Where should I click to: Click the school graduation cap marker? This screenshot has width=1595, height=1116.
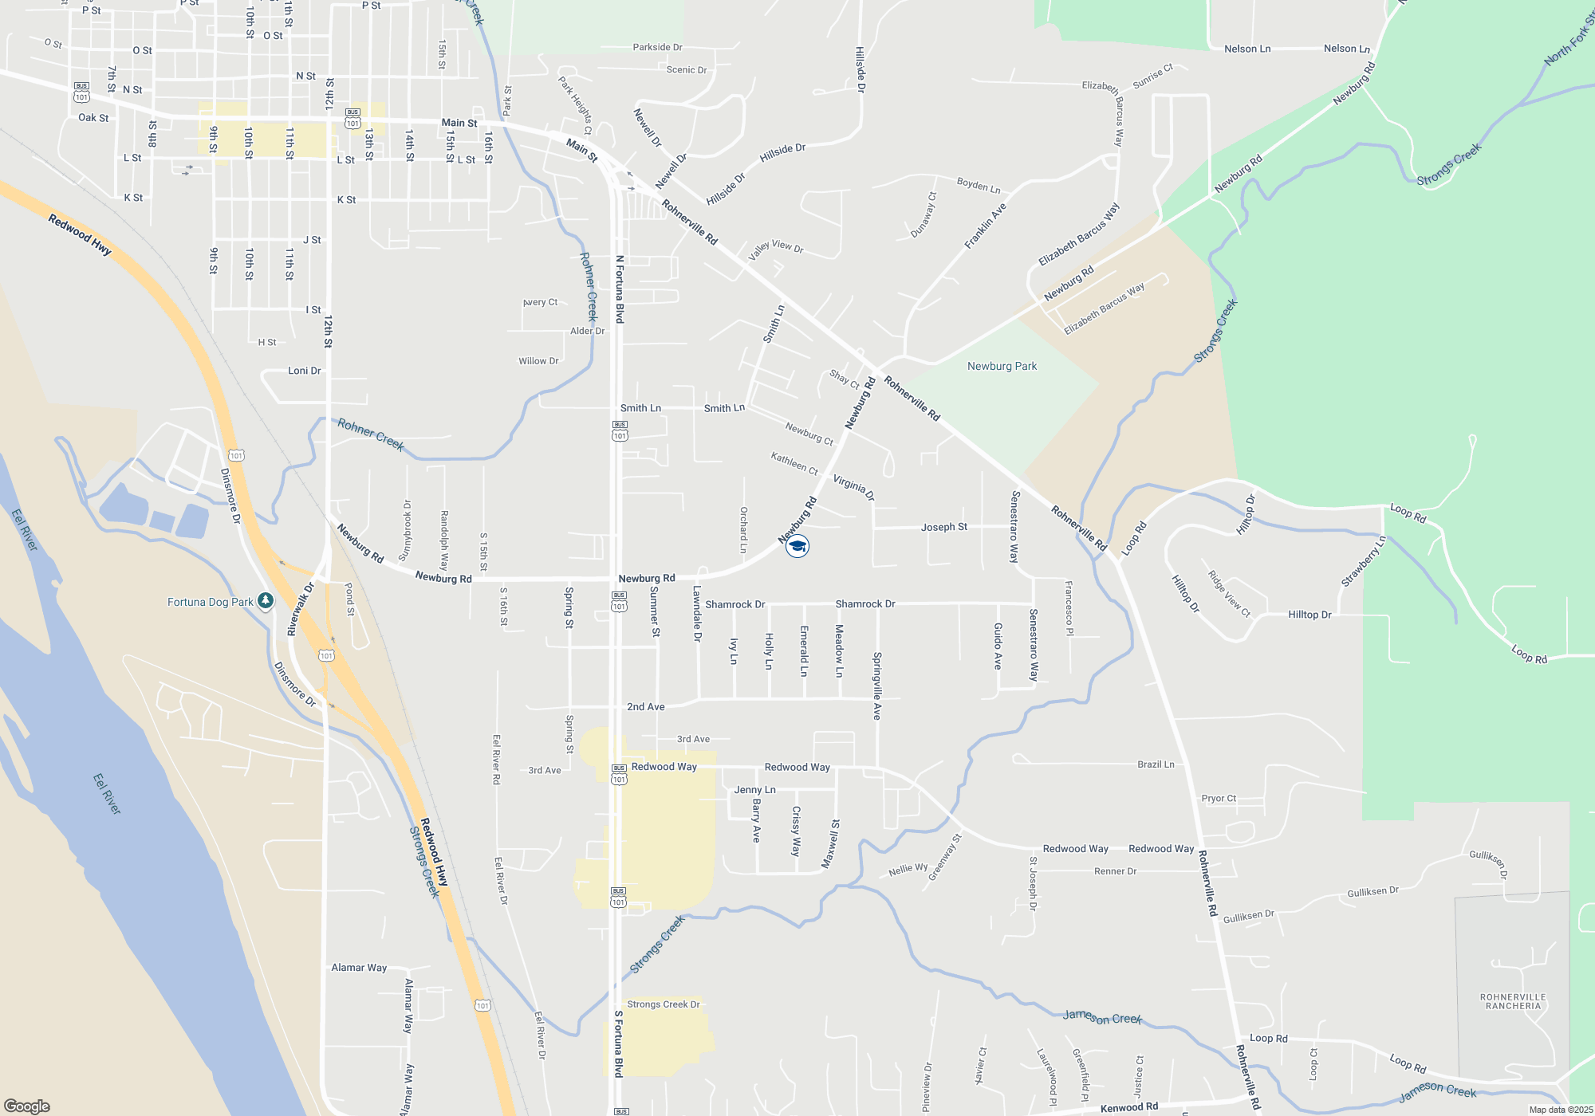tap(797, 546)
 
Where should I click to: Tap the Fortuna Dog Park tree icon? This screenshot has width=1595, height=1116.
tap(266, 601)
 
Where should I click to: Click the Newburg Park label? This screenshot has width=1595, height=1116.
tap(1002, 367)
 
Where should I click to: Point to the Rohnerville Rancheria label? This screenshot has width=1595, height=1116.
tap(1513, 1001)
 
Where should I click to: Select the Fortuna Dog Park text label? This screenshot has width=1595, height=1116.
tap(211, 602)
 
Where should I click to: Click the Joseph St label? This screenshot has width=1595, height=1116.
tap(944, 527)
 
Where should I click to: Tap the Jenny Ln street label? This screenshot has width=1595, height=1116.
tap(754, 790)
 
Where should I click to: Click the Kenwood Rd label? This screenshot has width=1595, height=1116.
tap(1128, 1107)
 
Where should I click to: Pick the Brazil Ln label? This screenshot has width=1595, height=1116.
tap(1156, 764)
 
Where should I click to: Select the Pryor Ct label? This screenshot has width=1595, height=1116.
tap(1219, 798)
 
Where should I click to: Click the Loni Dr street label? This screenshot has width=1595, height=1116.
tap(304, 371)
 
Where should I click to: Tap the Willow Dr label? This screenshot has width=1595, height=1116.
tap(538, 361)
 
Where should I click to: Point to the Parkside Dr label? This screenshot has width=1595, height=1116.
tap(657, 48)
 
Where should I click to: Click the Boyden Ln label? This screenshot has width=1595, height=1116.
tap(979, 186)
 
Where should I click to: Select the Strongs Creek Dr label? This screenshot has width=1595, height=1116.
tap(663, 1004)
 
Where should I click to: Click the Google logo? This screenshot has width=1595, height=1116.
tap(26, 1106)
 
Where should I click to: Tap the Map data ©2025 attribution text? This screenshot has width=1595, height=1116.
tap(1561, 1110)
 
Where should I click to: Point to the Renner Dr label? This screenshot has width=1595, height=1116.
tap(1115, 871)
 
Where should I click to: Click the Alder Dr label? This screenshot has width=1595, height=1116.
tap(587, 331)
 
